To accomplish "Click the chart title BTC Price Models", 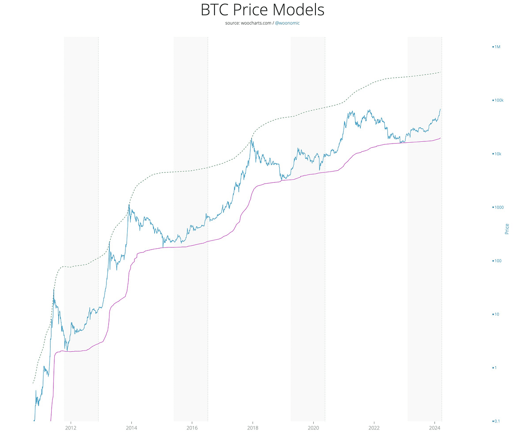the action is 262,10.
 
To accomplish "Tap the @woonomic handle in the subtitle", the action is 287,23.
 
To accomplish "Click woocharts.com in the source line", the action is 256,23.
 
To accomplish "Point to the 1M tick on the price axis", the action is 497,47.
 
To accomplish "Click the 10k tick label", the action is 498,154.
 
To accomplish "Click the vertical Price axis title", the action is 507,229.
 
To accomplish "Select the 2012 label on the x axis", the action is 71,428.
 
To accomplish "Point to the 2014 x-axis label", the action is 131,428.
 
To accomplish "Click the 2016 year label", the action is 192,428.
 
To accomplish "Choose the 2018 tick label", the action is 252,428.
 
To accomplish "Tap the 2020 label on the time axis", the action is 313,428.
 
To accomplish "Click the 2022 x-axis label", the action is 374,428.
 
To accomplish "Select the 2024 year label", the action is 434,428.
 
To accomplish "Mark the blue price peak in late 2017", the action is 252,138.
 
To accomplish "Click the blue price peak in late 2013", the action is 129,205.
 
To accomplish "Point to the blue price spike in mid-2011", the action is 53,290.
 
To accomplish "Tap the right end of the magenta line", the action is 440,138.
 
